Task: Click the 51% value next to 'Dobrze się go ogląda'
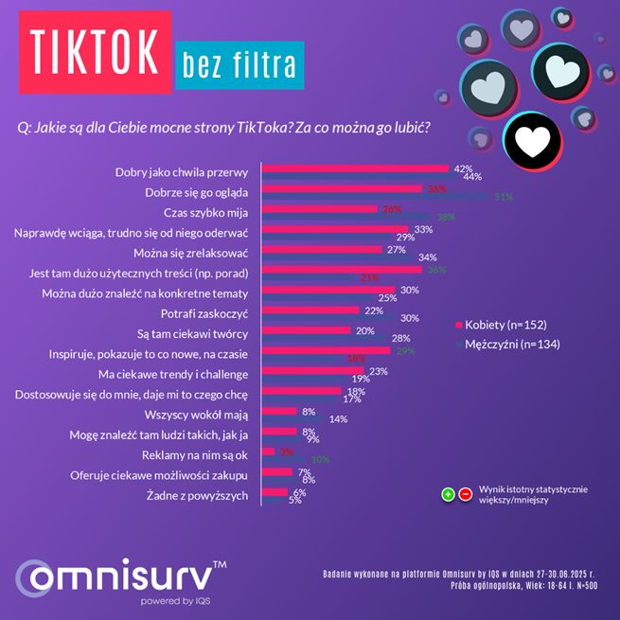pyautogui.click(x=504, y=196)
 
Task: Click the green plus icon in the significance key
pyautogui.click(x=448, y=494)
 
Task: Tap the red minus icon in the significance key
pyautogui.click(x=465, y=494)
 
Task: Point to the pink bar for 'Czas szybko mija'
pyautogui.click(x=318, y=209)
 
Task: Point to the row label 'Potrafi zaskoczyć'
pyautogui.click(x=206, y=312)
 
